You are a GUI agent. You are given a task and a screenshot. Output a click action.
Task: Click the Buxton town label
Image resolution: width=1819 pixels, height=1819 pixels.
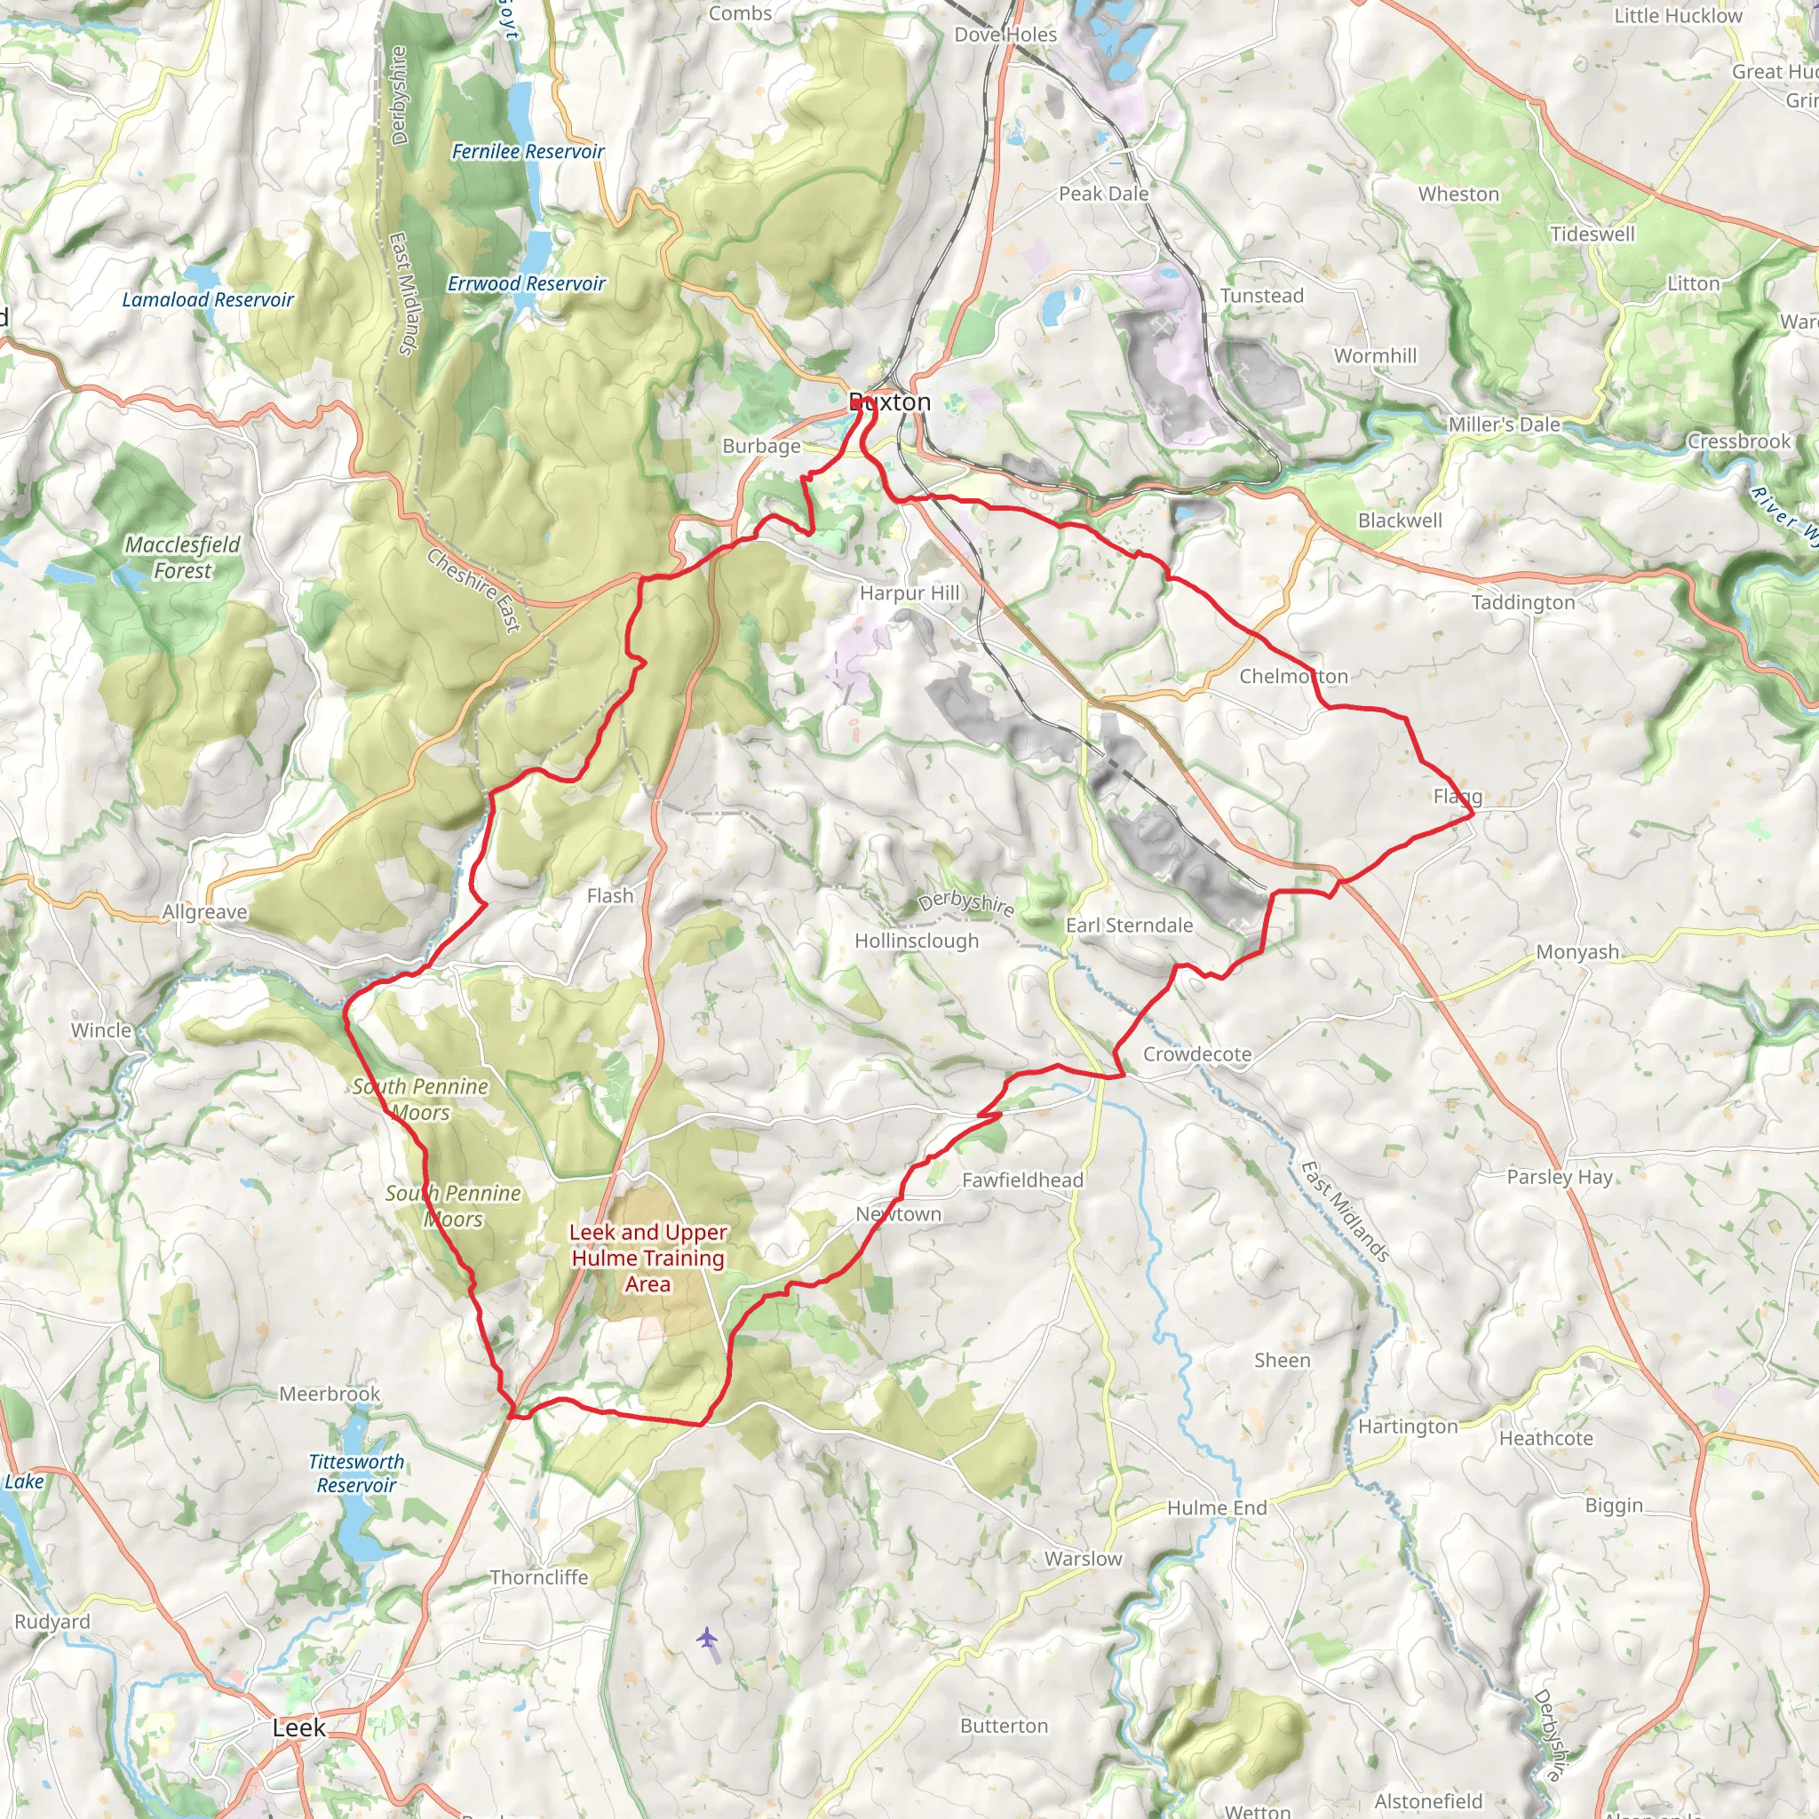(890, 402)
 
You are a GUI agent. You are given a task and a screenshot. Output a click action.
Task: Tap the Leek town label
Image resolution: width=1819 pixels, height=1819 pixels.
(298, 1728)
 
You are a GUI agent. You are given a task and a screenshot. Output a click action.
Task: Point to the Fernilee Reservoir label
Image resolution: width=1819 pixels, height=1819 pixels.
(528, 152)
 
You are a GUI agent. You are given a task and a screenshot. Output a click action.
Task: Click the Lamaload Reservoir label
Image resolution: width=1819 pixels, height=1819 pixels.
(208, 299)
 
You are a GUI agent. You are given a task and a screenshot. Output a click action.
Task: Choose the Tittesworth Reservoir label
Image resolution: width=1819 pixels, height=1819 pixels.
(356, 1473)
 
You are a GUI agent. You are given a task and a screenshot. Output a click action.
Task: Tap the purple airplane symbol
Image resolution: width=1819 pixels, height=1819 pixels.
(707, 1638)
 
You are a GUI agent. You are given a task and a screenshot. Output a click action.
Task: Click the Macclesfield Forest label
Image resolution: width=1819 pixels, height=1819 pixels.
(183, 558)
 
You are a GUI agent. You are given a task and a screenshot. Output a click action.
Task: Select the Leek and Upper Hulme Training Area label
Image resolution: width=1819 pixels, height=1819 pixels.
(647, 1258)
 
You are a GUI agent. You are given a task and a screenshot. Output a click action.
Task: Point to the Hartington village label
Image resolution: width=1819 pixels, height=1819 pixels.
(1408, 1426)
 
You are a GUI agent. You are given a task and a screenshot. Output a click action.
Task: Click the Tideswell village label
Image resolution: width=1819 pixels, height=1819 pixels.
(1593, 234)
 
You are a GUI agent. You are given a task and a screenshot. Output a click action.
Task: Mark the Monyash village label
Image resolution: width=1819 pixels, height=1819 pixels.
(1577, 952)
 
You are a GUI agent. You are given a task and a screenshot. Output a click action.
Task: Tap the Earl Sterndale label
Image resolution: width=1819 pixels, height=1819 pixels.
(1129, 925)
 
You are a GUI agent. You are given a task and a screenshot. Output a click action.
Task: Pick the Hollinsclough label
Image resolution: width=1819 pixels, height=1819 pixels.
(916, 941)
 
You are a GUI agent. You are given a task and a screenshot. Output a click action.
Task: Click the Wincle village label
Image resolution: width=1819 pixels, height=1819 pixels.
(101, 1030)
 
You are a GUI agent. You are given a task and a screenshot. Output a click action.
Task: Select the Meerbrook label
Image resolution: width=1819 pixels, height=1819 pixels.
(330, 1394)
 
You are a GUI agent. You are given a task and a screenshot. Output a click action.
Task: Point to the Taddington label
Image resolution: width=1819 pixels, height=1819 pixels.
(1522, 602)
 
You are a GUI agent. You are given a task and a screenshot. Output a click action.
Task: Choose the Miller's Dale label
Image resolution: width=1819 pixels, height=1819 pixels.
(1504, 425)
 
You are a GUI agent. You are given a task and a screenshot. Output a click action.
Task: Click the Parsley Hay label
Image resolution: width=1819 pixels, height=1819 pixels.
(1559, 1177)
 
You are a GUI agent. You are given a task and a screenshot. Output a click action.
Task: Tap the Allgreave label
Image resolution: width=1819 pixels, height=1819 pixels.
(204, 911)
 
